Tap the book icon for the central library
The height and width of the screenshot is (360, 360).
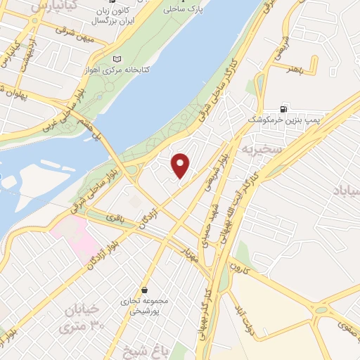point(117,58)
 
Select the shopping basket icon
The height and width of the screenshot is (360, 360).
point(144,290)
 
